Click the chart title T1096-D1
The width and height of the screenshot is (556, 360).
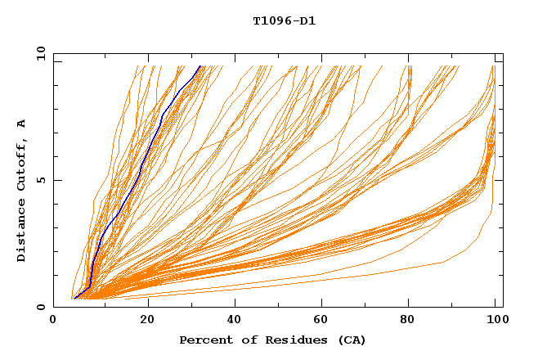(x=284, y=21)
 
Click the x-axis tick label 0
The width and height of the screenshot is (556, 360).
(x=53, y=321)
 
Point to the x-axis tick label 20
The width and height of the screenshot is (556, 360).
(x=146, y=321)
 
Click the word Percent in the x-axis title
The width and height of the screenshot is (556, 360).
(x=204, y=340)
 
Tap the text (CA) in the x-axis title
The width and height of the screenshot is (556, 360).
(x=352, y=340)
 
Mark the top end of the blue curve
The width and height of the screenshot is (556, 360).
(x=200, y=66)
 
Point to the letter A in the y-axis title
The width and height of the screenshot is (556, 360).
(x=22, y=124)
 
